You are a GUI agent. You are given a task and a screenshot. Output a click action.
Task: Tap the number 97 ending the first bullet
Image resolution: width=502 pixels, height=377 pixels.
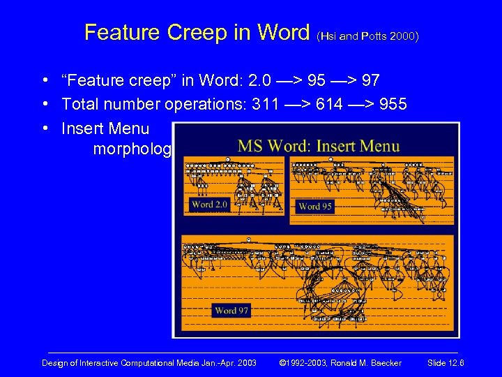click(x=370, y=81)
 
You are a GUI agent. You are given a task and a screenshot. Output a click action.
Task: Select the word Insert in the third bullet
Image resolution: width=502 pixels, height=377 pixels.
click(x=83, y=129)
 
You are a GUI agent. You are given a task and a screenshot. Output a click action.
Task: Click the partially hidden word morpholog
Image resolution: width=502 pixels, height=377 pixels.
click(x=132, y=150)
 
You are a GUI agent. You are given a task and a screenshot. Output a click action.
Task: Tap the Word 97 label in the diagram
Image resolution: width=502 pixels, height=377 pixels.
click(x=231, y=311)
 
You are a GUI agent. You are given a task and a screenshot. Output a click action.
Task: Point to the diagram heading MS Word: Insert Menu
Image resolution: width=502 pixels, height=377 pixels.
click(x=319, y=147)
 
